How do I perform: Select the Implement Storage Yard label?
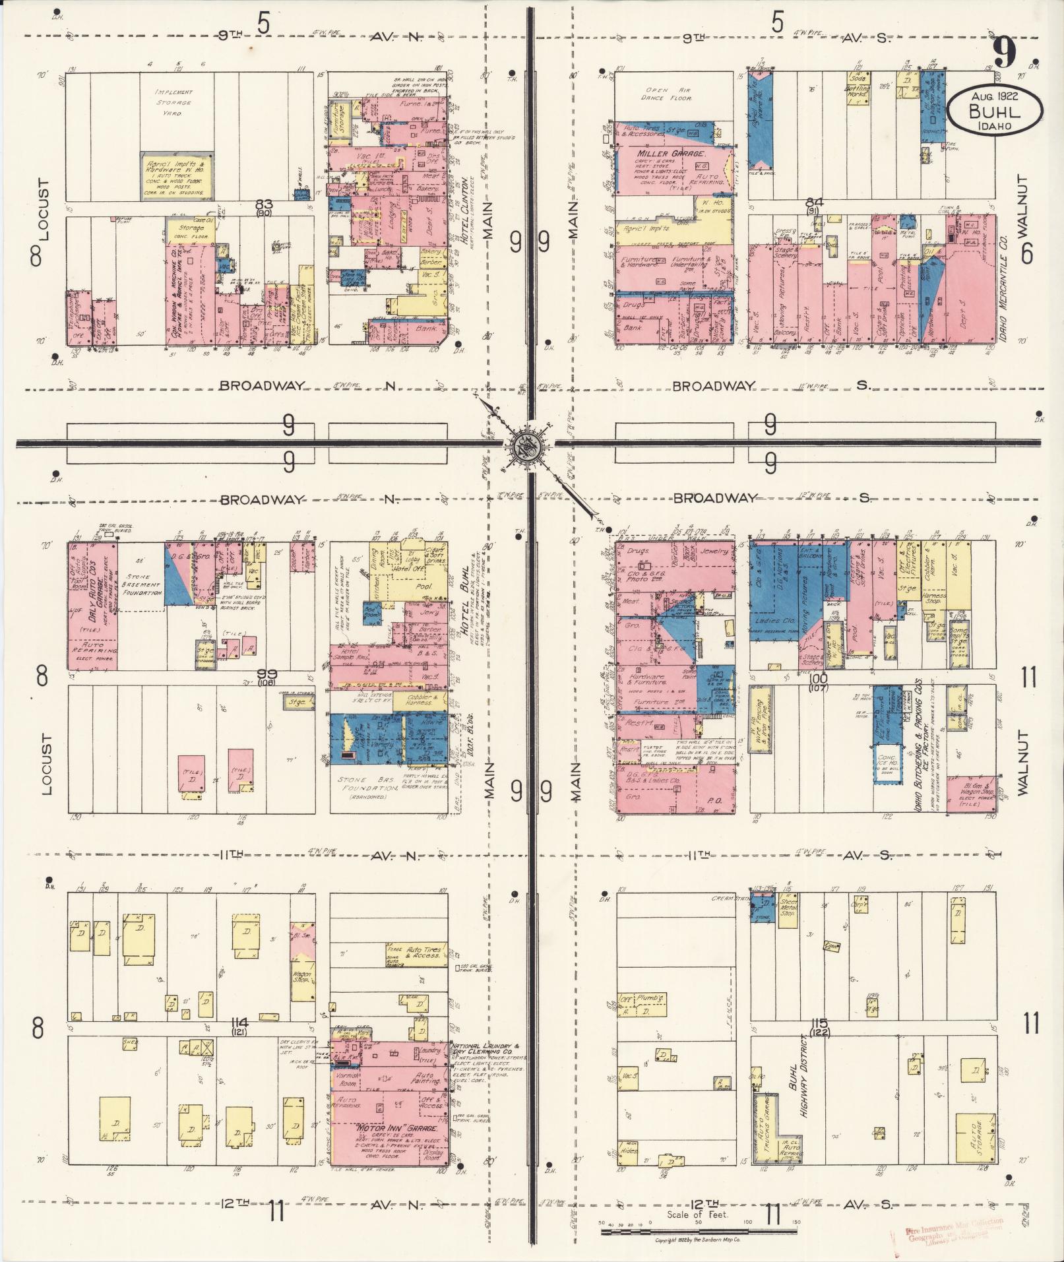173,102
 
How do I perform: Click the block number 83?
265,205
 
